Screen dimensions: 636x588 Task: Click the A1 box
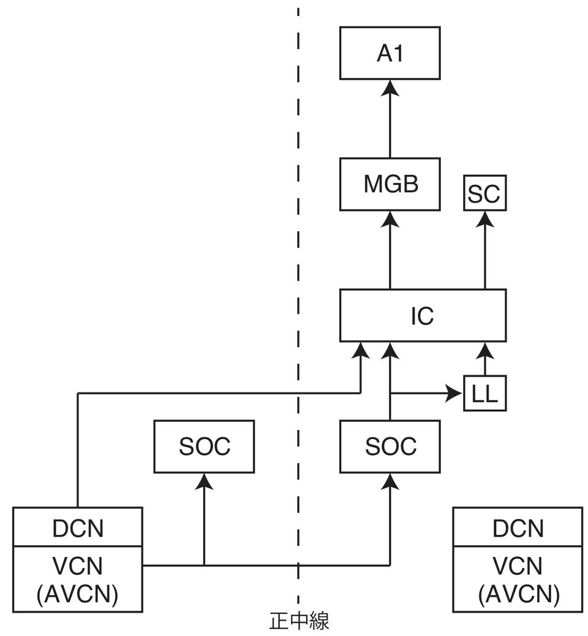coord(390,53)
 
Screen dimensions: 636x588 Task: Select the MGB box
coord(390,184)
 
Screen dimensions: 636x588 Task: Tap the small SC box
coord(484,193)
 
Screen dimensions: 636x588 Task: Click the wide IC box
coord(423,315)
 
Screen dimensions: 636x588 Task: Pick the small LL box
coord(484,393)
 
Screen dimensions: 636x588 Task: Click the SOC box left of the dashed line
coord(204,446)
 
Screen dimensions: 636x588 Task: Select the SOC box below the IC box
coord(390,446)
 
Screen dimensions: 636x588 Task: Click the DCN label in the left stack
coord(77,527)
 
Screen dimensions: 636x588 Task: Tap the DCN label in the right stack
coord(517,527)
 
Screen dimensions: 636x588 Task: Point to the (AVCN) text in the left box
coord(77,594)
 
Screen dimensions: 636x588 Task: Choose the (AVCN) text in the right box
coord(517,594)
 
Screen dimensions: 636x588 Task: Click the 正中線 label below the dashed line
coord(299,621)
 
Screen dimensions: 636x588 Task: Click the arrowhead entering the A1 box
coord(390,88)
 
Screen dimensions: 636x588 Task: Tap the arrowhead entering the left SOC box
coord(204,482)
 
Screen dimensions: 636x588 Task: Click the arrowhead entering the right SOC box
coord(390,482)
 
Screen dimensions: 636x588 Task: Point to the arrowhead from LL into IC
coord(484,351)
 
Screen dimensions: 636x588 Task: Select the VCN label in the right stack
coord(517,565)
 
